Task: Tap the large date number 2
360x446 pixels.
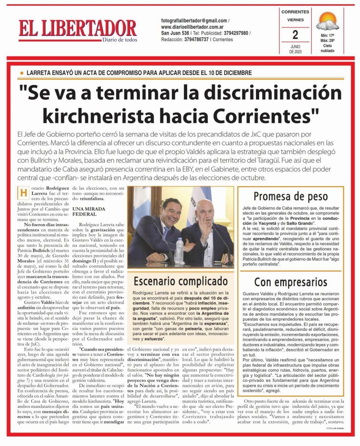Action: click(295, 34)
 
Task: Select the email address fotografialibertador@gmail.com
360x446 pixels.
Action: click(194, 20)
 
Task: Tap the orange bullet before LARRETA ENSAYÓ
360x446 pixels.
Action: click(22, 73)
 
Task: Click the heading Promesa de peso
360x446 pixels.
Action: click(291, 196)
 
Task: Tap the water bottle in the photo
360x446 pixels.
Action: click(180, 250)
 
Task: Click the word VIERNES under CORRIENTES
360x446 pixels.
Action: click(295, 19)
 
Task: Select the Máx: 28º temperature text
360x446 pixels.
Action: click(327, 41)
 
